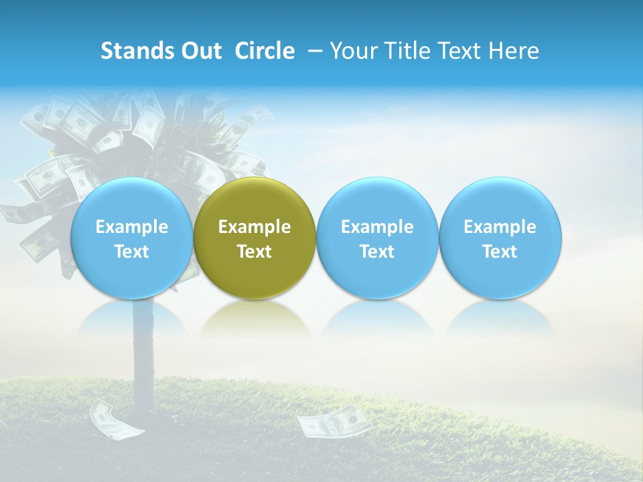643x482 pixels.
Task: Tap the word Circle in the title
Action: pos(265,51)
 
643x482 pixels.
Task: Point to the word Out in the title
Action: pos(200,51)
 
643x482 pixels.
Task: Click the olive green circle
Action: pos(255,238)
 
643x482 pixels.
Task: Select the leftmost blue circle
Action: pos(132,238)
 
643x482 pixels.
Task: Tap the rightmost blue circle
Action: pos(500,238)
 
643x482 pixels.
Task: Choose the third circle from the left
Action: pos(377,238)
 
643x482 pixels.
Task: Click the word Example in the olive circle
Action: pos(255,227)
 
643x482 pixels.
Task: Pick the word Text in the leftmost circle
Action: pos(132,252)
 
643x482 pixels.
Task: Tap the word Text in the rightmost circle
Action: pos(500,252)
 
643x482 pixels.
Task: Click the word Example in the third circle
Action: pos(377,227)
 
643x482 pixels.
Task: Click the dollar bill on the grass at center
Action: pos(332,422)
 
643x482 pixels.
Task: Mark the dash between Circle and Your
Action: pos(315,51)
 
